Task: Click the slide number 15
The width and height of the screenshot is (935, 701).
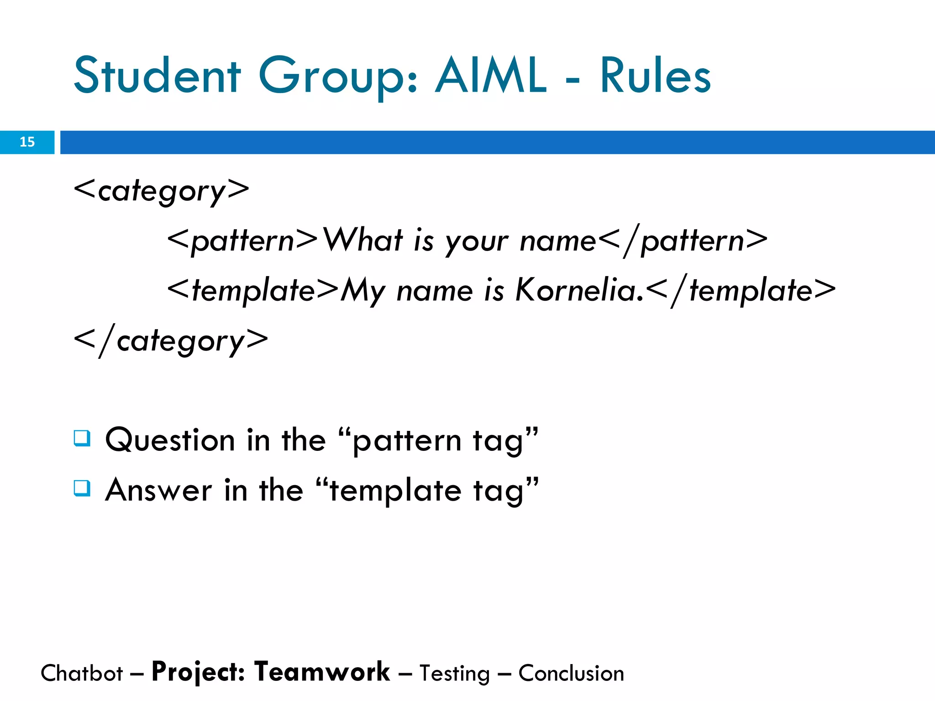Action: (27, 142)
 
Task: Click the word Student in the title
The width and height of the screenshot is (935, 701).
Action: (157, 75)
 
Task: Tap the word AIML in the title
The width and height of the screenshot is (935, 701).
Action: (490, 75)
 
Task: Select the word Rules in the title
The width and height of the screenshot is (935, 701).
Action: (655, 75)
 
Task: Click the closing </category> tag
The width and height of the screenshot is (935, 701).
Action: (171, 340)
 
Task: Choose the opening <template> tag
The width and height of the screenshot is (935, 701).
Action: (253, 290)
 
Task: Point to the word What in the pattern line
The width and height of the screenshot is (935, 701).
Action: (363, 240)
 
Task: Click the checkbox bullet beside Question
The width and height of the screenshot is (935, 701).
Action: (82, 438)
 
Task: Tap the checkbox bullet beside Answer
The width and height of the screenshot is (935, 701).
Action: (82, 488)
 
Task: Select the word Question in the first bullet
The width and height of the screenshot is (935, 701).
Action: (170, 440)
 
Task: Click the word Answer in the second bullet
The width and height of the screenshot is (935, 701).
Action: (158, 490)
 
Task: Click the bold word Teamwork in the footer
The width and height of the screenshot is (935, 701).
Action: (322, 672)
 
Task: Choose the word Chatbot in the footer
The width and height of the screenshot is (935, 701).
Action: (82, 674)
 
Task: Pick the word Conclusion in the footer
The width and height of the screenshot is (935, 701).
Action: (571, 674)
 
